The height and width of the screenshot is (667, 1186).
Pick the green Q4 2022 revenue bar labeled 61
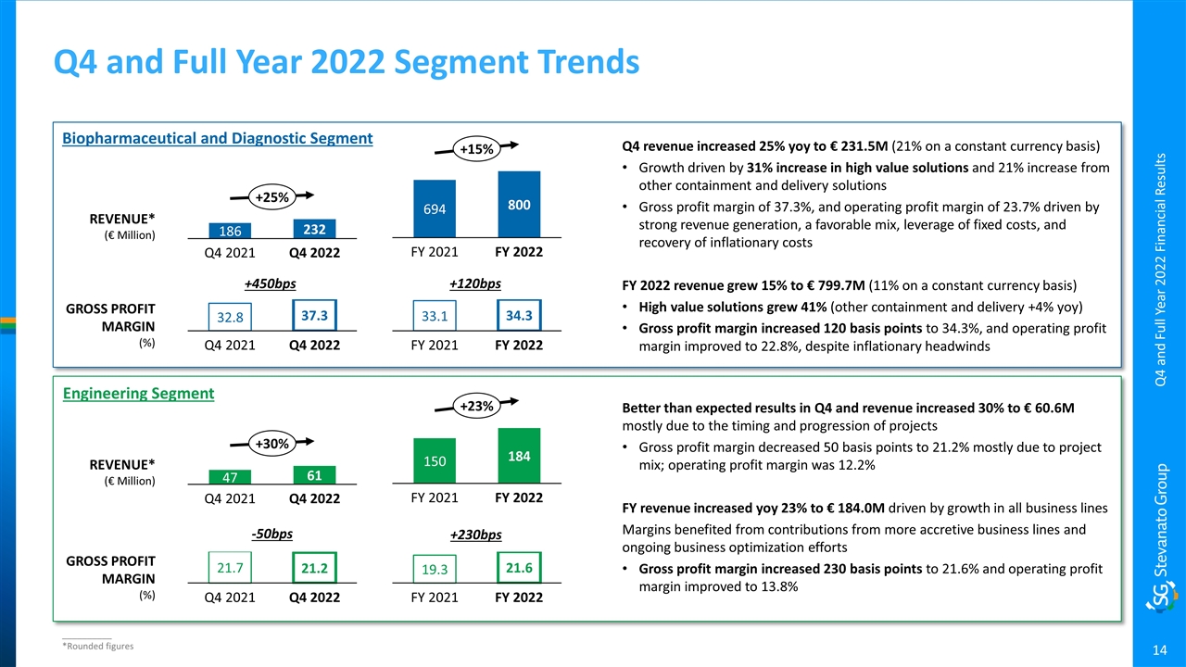click(314, 475)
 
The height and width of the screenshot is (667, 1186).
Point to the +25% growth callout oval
click(272, 196)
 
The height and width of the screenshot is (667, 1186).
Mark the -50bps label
click(272, 534)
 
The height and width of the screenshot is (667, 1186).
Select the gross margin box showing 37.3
click(314, 316)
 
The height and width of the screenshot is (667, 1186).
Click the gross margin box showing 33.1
click(435, 317)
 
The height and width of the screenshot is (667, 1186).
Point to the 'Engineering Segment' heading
click(138, 394)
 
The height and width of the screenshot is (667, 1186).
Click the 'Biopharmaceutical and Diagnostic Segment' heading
click(217, 139)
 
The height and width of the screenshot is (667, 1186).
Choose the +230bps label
click(475, 535)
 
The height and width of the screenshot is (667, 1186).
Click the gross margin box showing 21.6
click(519, 566)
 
